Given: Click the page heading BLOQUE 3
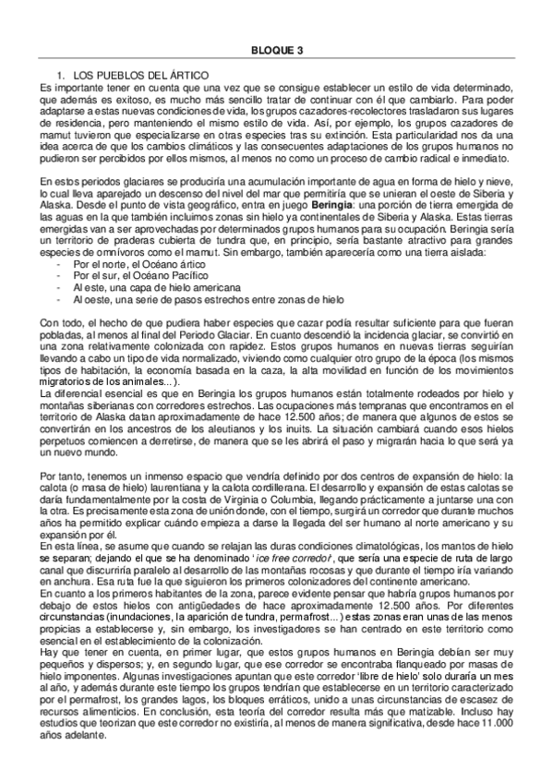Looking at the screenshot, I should coord(276,53).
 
